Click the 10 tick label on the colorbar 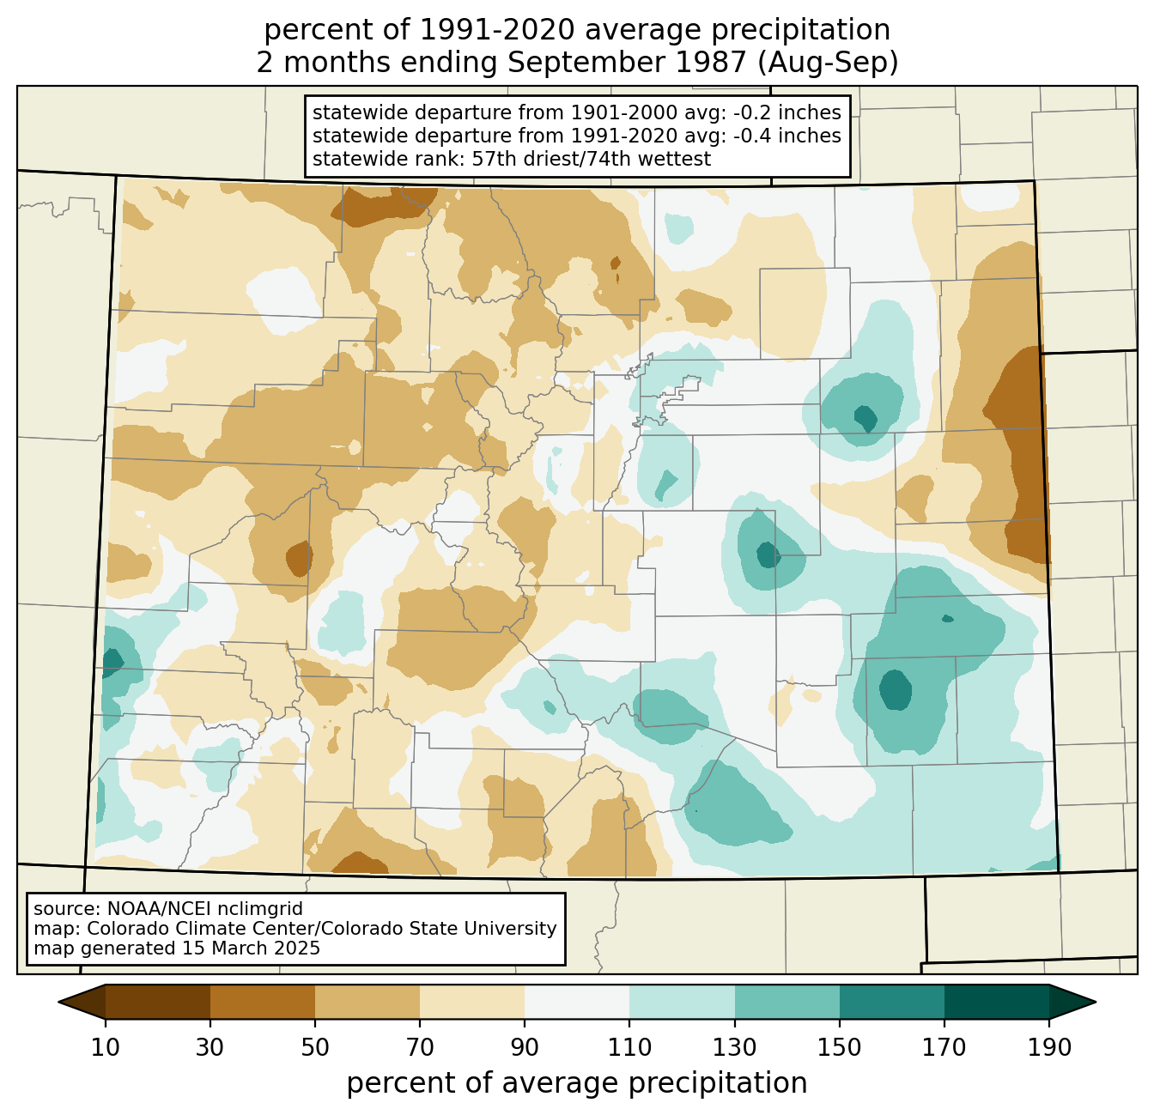[105, 1048]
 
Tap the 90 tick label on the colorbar [525, 1048]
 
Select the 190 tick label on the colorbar [1049, 1048]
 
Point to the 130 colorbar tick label [734, 1048]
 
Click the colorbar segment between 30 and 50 [262, 1002]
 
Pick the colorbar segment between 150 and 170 [891, 1002]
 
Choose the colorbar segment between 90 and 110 [577, 1002]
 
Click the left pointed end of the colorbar [59, 1002]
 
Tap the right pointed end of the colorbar [1095, 1002]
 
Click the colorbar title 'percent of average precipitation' [576, 1083]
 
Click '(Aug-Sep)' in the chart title [828, 64]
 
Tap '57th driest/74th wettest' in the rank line [592, 159]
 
